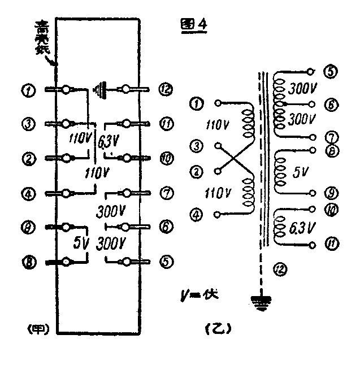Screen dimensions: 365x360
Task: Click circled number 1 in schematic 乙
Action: click(x=196, y=103)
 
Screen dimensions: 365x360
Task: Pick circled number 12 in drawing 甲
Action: click(x=165, y=89)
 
